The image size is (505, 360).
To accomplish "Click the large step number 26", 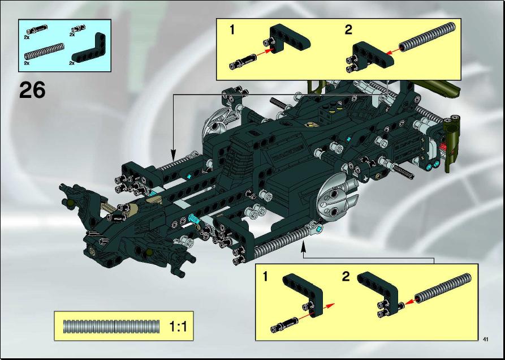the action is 32,90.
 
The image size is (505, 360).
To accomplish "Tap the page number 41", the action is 486,339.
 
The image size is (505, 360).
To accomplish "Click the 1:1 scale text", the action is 178,327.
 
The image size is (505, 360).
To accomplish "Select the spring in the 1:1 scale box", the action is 111,327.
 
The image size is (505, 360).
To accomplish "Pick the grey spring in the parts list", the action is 45,52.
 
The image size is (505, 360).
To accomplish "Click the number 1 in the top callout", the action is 232,30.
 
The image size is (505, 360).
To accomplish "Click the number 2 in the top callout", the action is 348,30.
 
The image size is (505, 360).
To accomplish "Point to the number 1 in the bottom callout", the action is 265,277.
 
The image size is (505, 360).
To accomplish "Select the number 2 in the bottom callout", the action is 346,277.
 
